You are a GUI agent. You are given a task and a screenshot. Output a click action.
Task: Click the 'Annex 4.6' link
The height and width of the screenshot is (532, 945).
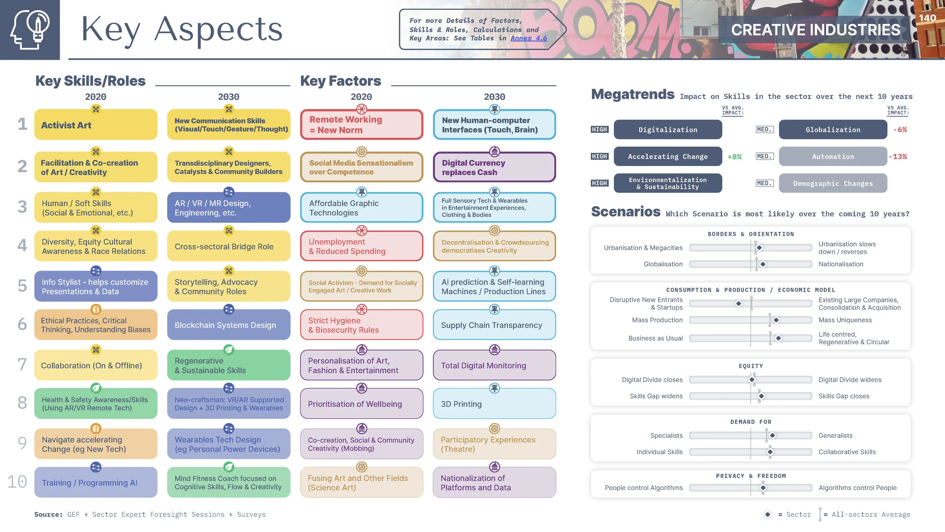(528, 38)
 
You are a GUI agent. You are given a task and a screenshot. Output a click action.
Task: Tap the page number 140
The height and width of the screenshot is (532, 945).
(927, 18)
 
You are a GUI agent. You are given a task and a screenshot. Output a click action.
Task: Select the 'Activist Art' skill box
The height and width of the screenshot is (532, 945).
(96, 125)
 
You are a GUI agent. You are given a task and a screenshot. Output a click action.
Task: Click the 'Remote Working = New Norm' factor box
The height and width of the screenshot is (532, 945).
(361, 125)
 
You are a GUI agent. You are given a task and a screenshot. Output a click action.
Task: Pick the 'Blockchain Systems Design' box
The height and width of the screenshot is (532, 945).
(229, 325)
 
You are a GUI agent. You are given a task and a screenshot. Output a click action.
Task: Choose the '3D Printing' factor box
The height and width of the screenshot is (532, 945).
(494, 404)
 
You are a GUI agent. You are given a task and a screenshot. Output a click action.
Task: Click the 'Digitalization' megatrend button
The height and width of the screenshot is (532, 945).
(668, 130)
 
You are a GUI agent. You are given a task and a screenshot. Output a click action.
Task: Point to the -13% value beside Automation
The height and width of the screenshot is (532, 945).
(897, 157)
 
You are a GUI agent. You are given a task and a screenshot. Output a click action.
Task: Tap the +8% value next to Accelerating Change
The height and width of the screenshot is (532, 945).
(734, 157)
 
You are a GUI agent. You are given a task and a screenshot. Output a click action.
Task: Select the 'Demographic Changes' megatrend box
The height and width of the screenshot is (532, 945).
(833, 184)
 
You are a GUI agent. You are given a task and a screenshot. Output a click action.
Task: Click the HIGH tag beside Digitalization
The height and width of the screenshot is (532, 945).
(600, 130)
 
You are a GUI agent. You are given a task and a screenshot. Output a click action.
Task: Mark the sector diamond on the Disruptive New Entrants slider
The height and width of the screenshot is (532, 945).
(738, 304)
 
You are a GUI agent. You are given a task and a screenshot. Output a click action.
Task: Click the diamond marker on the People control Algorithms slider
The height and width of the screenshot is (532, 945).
(763, 488)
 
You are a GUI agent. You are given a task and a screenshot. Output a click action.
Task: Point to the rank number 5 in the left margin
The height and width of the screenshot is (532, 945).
(22, 286)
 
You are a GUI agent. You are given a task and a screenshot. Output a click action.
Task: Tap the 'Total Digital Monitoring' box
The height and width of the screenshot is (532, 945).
(494, 366)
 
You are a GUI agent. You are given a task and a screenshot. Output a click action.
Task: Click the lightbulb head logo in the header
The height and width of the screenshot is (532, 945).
(30, 30)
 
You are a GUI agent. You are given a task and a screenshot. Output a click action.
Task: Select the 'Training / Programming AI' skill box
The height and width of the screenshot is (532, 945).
(96, 483)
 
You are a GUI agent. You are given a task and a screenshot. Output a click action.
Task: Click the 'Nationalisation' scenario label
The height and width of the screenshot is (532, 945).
(841, 264)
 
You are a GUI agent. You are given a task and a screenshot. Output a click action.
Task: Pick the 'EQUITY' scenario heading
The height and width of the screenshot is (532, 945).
(751, 366)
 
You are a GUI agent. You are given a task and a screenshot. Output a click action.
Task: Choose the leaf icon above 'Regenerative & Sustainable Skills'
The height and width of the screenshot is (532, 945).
(229, 350)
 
